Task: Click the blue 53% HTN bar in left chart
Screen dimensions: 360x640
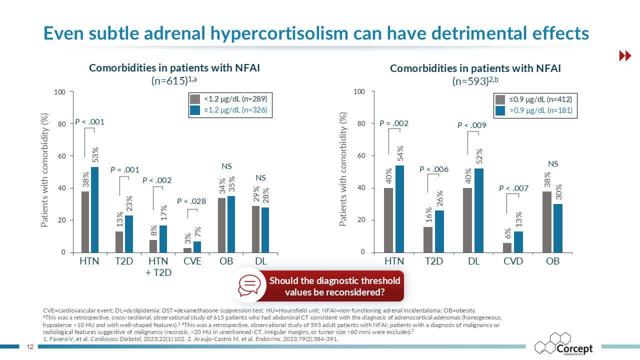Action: point(94,209)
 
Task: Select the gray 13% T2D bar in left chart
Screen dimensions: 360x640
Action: point(119,241)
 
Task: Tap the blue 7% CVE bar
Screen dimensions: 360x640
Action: point(197,247)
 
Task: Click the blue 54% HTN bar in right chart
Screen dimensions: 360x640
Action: point(400,209)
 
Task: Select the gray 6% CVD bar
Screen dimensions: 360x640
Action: point(507,247)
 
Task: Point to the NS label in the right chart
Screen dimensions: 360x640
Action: point(553,163)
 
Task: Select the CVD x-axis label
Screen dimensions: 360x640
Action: point(513,261)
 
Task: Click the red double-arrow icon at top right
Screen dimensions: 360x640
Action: point(625,56)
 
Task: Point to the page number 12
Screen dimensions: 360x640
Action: point(29,346)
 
